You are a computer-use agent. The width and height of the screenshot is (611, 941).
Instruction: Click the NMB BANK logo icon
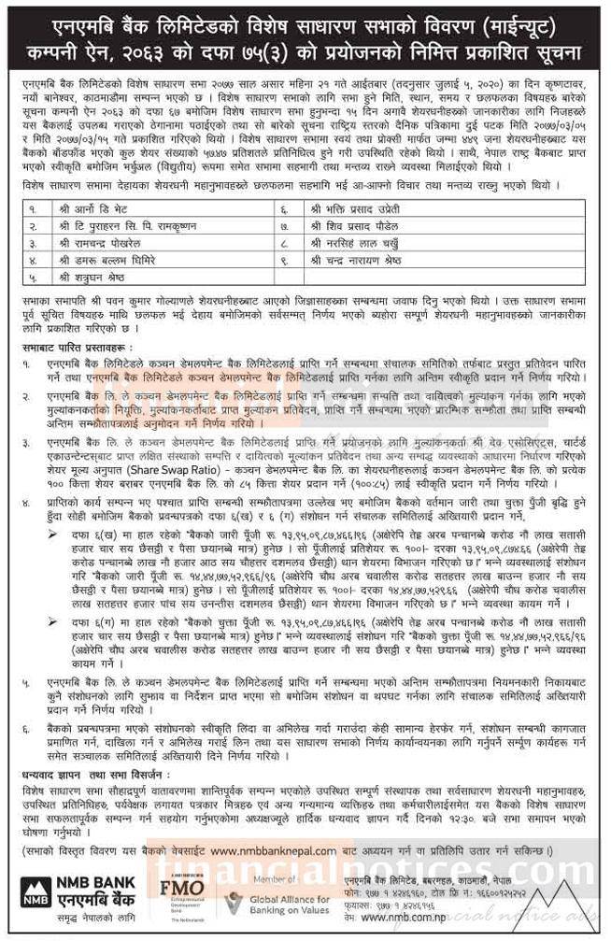click(x=35, y=893)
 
